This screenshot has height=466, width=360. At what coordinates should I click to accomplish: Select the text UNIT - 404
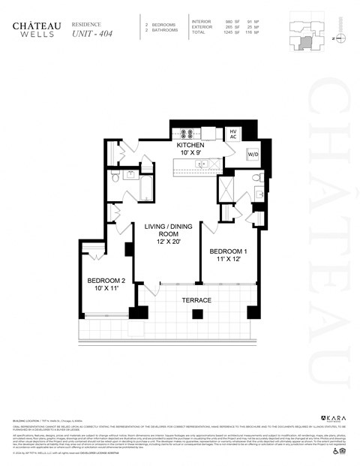click(x=88, y=34)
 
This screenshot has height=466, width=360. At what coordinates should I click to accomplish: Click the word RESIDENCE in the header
click(x=85, y=24)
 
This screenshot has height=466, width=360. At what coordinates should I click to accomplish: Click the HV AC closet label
click(x=233, y=134)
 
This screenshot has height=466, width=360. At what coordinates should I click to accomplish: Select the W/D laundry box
click(x=253, y=155)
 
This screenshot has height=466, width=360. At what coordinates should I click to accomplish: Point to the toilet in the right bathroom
click(x=256, y=177)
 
